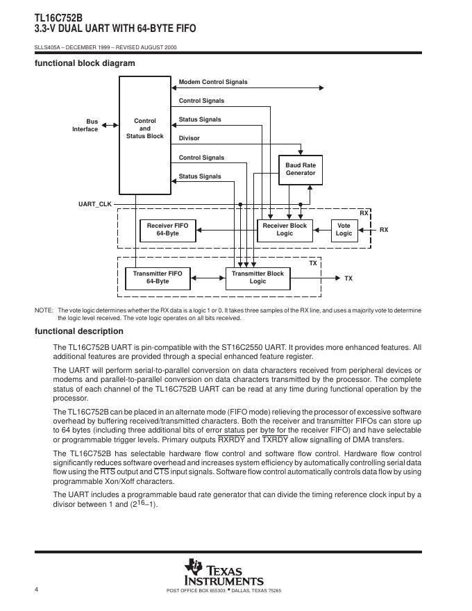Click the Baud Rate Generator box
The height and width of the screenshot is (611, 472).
301,169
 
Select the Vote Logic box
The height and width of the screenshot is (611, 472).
344,230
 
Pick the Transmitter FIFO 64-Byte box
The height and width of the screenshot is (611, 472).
158,278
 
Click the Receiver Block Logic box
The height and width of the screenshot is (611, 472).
285,230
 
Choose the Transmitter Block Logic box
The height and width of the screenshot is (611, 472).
258,278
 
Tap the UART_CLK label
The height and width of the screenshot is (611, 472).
95,204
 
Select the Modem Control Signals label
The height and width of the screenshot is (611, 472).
213,82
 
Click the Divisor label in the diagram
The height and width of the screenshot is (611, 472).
189,138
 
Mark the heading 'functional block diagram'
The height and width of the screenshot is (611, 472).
85,63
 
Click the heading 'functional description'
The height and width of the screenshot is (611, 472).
79,331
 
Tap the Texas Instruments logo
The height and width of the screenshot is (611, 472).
224,572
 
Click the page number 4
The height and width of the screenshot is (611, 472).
36,589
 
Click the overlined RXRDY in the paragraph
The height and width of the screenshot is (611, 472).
232,440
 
